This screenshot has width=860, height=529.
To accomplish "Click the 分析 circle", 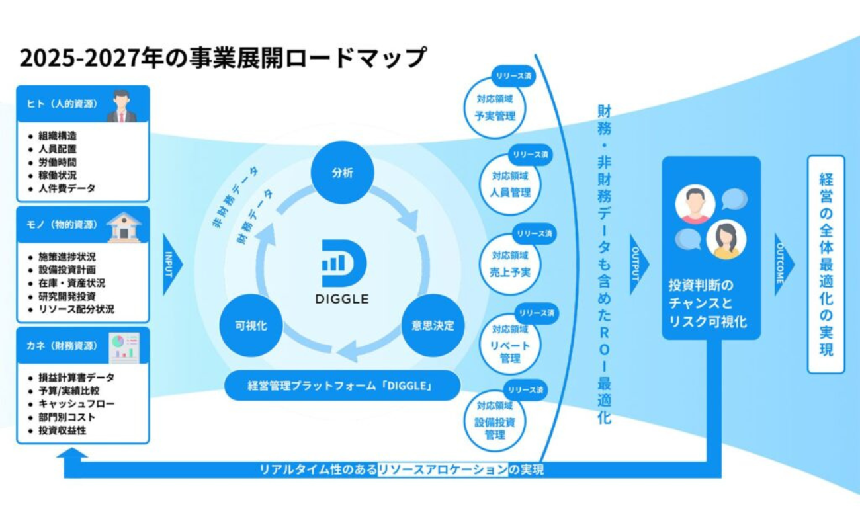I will click(343, 173).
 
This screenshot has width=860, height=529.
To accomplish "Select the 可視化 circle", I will click(251, 325).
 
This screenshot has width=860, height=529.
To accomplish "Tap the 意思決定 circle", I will click(433, 325).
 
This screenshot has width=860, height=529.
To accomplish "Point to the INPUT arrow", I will click(171, 263).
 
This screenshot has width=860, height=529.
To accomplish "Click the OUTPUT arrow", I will click(638, 264).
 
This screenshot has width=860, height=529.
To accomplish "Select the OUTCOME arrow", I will click(782, 264).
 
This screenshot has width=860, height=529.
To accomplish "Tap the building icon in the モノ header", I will click(124, 227).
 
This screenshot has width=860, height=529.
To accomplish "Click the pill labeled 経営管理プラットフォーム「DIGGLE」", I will click(342, 386).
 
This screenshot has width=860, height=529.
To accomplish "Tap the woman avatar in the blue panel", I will click(726, 239).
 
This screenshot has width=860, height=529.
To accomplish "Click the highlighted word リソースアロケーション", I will click(442, 470).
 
